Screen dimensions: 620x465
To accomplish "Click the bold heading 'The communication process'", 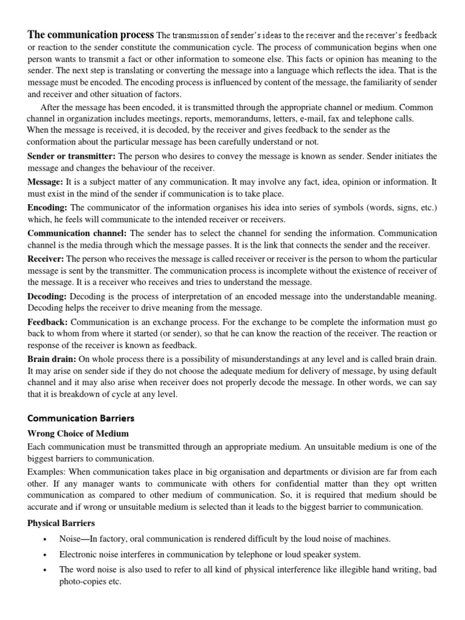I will click(91, 35).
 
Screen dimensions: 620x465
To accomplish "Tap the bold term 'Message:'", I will click(45, 182).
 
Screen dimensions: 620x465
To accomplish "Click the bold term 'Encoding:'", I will click(47, 207).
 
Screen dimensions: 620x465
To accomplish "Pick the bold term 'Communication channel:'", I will click(77, 232).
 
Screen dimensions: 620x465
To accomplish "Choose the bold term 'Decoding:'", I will click(47, 296).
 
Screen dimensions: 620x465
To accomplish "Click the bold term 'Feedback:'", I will click(48, 322).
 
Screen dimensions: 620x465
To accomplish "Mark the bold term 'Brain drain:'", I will click(51, 360).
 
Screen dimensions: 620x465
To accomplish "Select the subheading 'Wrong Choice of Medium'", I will click(78, 434).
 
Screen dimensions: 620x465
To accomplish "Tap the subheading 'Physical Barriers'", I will click(61, 523).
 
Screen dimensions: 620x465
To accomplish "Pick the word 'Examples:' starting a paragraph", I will click(47, 472).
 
